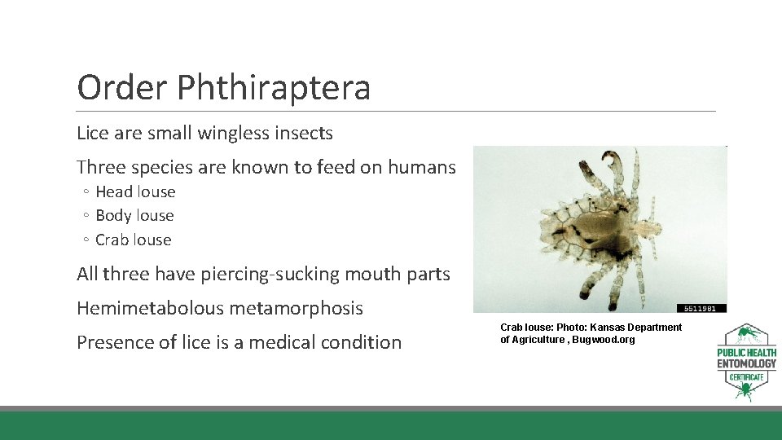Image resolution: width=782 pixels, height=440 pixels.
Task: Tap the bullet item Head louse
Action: [x=135, y=192]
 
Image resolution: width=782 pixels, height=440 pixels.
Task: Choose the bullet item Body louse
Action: [x=134, y=216]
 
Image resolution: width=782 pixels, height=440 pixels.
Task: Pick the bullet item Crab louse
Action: [x=134, y=240]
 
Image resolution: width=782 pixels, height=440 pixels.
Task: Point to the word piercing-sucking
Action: [x=278, y=275]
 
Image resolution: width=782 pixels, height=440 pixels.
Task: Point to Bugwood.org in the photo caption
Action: [x=604, y=340]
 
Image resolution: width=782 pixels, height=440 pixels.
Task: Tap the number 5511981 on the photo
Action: [x=701, y=308]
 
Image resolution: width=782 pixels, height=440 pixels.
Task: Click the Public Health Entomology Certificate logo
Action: [x=746, y=363]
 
